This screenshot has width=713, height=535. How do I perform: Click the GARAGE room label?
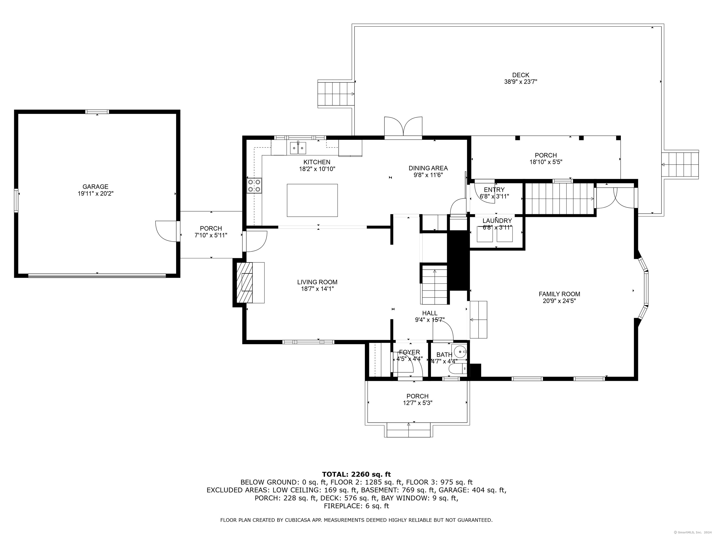coord(95,186)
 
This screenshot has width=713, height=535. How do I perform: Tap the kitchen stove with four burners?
coord(254,186)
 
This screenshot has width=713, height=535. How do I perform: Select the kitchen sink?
coord(298,148)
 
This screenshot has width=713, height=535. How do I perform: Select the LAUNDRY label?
coord(497,221)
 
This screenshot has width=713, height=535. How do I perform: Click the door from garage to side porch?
coord(167,231)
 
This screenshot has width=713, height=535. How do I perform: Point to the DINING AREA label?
coord(428,168)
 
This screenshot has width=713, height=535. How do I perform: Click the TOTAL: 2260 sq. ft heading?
coord(356,474)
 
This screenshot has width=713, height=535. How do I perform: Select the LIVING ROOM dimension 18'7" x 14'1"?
coord(317,289)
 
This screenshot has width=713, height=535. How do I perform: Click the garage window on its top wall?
coord(97,112)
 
